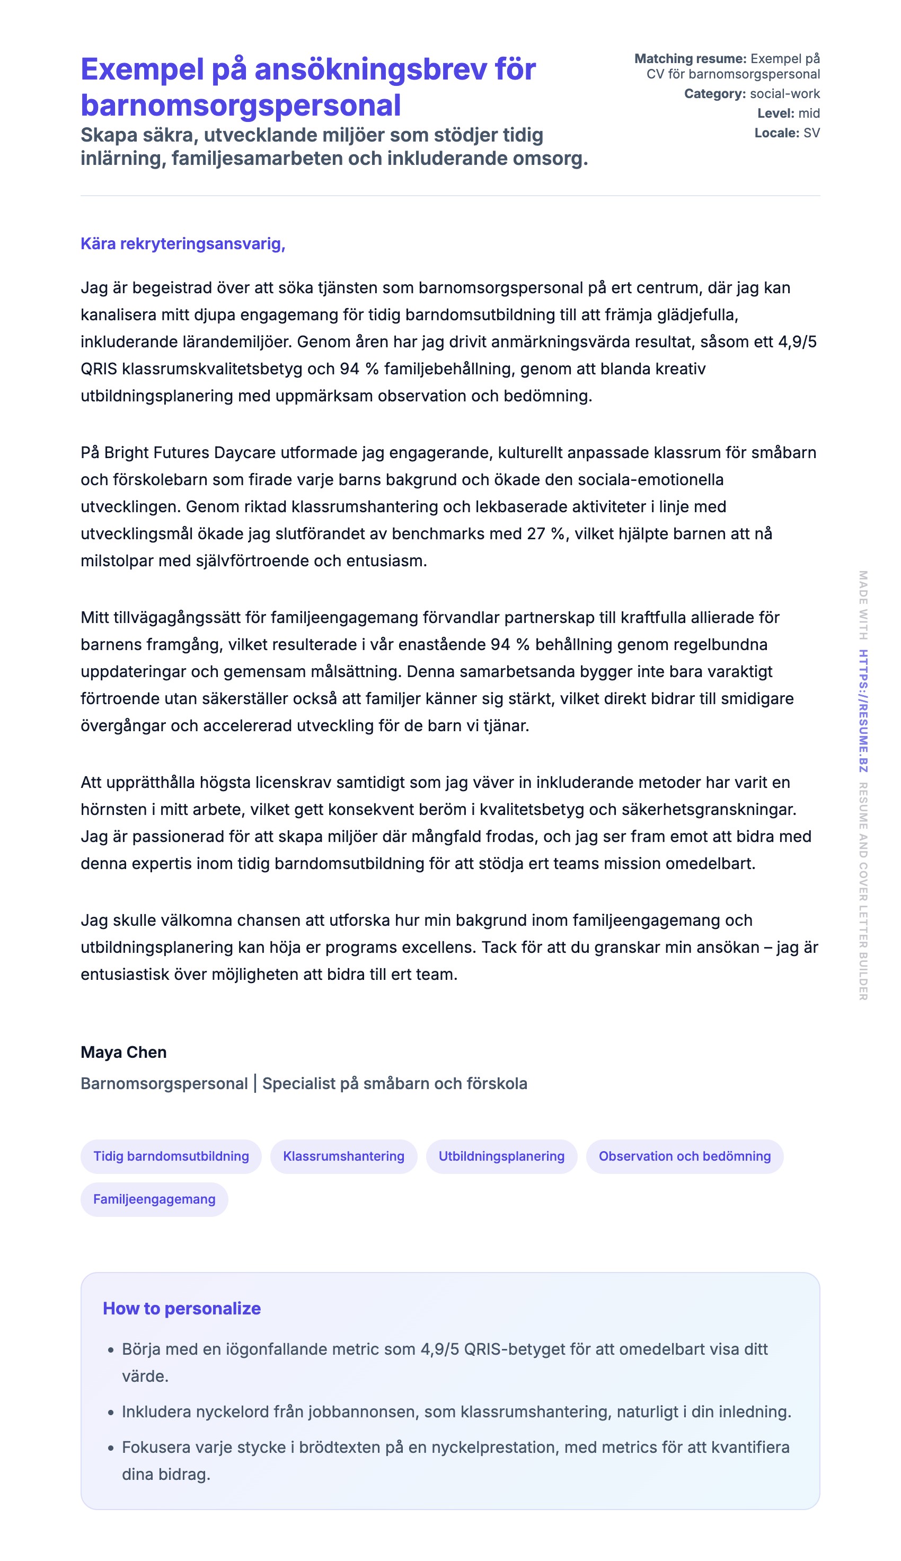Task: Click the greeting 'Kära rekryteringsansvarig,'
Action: tap(182, 244)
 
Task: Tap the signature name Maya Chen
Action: tap(123, 1052)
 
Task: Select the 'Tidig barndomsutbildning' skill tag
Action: tap(171, 1156)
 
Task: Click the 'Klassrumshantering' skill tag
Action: tap(343, 1156)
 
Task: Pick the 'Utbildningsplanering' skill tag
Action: tap(501, 1156)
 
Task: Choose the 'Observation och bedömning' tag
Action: tap(684, 1156)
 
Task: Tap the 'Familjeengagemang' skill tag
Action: tap(154, 1199)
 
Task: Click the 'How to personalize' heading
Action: tap(181, 1309)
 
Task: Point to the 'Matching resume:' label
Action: tap(690, 59)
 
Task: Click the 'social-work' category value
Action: tap(784, 94)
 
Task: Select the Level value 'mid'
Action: tap(809, 113)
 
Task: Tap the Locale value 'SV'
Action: tap(811, 133)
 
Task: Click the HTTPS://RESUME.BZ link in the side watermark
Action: tap(863, 711)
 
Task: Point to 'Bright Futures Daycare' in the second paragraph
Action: tap(189, 452)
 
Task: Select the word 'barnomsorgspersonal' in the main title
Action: tap(241, 105)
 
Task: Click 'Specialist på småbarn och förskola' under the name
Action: tap(394, 1084)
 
